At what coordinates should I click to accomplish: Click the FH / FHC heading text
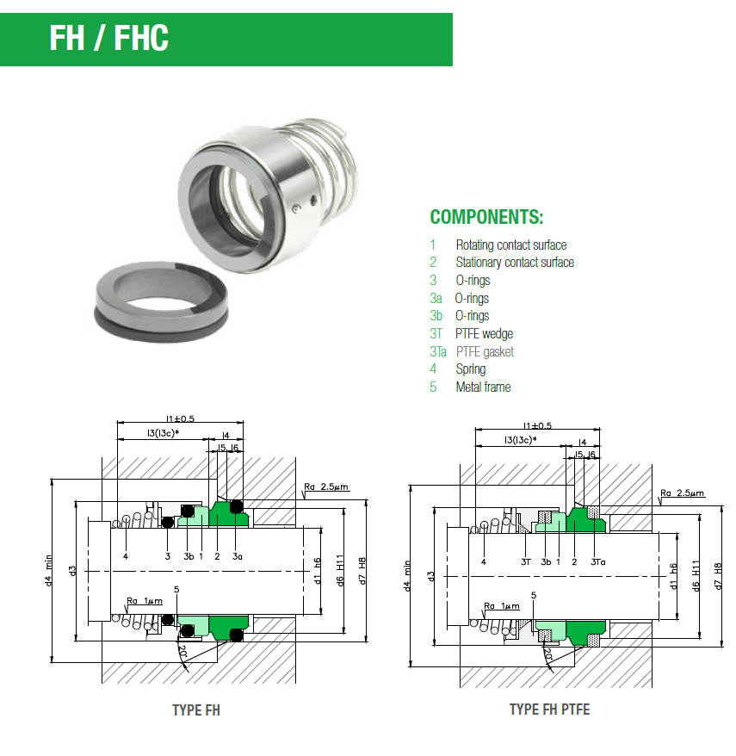point(108,39)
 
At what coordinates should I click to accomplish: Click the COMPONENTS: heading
point(486,217)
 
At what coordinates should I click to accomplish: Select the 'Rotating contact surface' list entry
point(511,245)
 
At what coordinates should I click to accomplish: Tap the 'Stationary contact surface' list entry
point(515,263)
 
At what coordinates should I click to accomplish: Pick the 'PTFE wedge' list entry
point(484,334)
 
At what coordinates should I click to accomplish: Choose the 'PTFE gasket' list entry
point(485,352)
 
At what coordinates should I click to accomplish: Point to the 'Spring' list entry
point(471,369)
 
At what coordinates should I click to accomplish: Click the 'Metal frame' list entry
point(483,387)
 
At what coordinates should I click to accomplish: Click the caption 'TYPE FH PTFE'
point(549,710)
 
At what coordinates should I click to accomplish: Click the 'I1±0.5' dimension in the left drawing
point(180,419)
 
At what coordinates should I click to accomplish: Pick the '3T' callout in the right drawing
point(525,561)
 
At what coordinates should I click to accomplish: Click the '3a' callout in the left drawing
point(238,556)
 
